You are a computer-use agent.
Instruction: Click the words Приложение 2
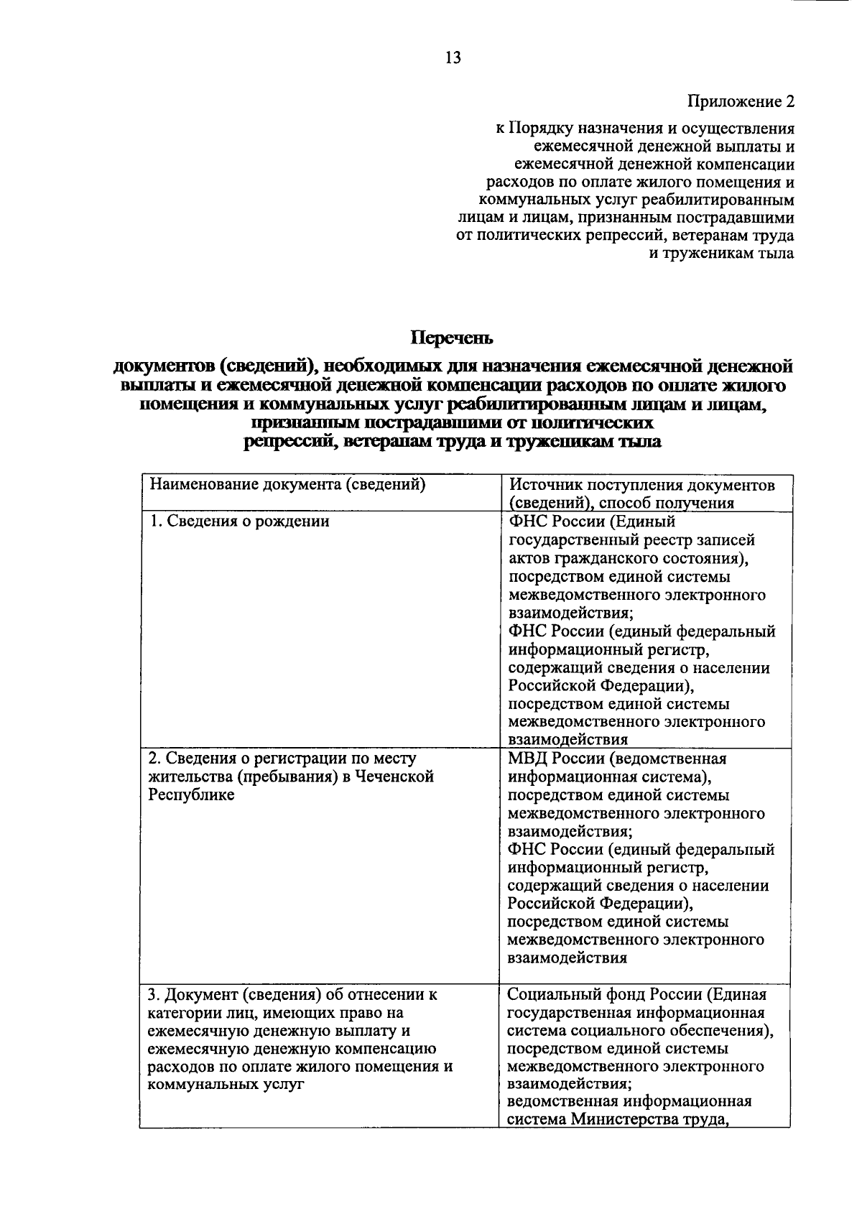[x=741, y=101]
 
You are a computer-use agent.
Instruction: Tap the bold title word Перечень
[x=452, y=336]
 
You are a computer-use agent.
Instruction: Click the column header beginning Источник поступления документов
[x=641, y=486]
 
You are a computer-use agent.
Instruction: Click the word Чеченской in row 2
[x=399, y=777]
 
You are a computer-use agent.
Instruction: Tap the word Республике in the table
[x=191, y=795]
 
